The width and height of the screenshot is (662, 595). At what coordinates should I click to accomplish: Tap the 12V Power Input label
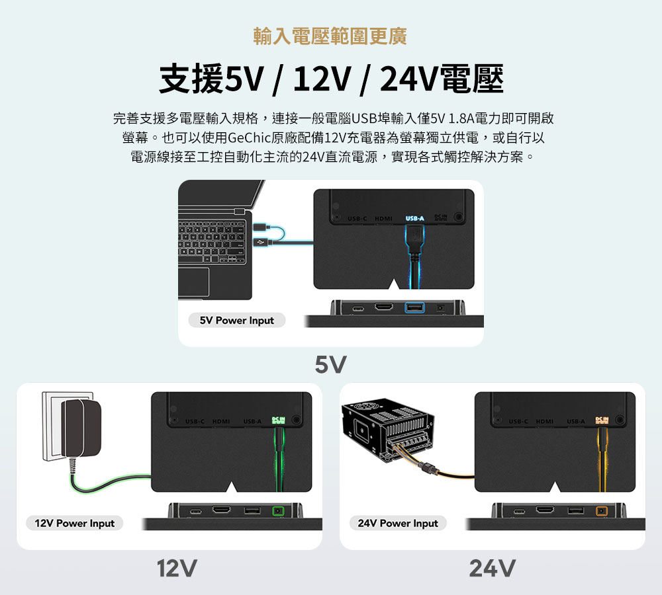(75, 524)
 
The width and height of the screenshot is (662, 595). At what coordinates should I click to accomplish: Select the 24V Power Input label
(398, 524)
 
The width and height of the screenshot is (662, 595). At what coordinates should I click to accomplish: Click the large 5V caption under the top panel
(330, 364)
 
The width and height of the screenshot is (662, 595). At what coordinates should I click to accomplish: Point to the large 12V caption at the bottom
(177, 567)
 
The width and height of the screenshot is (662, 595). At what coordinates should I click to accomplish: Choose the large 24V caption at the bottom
(492, 567)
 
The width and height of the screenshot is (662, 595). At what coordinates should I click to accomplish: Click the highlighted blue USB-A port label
(414, 219)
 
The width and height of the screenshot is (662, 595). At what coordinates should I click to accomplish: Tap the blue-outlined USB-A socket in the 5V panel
(414, 308)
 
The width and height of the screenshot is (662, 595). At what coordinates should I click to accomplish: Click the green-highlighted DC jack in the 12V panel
(278, 511)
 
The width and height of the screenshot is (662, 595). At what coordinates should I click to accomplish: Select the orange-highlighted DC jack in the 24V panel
(601, 511)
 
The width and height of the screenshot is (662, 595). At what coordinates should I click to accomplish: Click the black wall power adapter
(81, 428)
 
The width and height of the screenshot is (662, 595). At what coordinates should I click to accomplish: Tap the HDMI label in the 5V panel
(383, 219)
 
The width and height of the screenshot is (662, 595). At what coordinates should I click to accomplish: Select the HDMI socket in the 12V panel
(221, 510)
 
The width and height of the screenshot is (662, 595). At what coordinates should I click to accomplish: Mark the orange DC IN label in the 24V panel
(601, 420)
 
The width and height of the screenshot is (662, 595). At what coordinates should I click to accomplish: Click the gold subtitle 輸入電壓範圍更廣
(330, 36)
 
